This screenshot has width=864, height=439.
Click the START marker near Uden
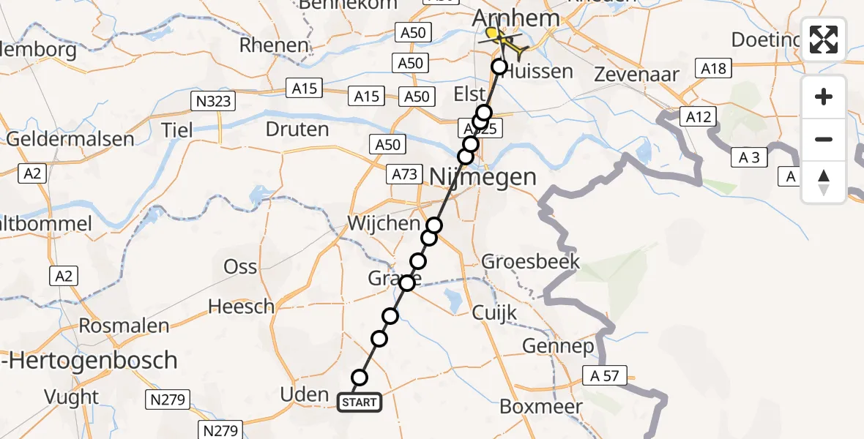[359, 402]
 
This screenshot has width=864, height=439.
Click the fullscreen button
[824, 40]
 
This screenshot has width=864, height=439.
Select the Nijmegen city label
[483, 176]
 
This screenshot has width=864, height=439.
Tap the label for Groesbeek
[530, 261]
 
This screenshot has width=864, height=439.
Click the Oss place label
[240, 266]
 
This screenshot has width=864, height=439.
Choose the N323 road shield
[212, 102]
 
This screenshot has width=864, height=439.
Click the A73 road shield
[405, 174]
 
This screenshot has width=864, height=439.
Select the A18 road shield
[714, 68]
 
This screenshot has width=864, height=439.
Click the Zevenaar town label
[636, 74]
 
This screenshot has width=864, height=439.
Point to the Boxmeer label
[541, 406]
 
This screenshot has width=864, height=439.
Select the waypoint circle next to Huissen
[499, 67]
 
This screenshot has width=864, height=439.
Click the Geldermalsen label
[70, 139]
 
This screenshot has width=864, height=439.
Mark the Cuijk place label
[494, 312]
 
